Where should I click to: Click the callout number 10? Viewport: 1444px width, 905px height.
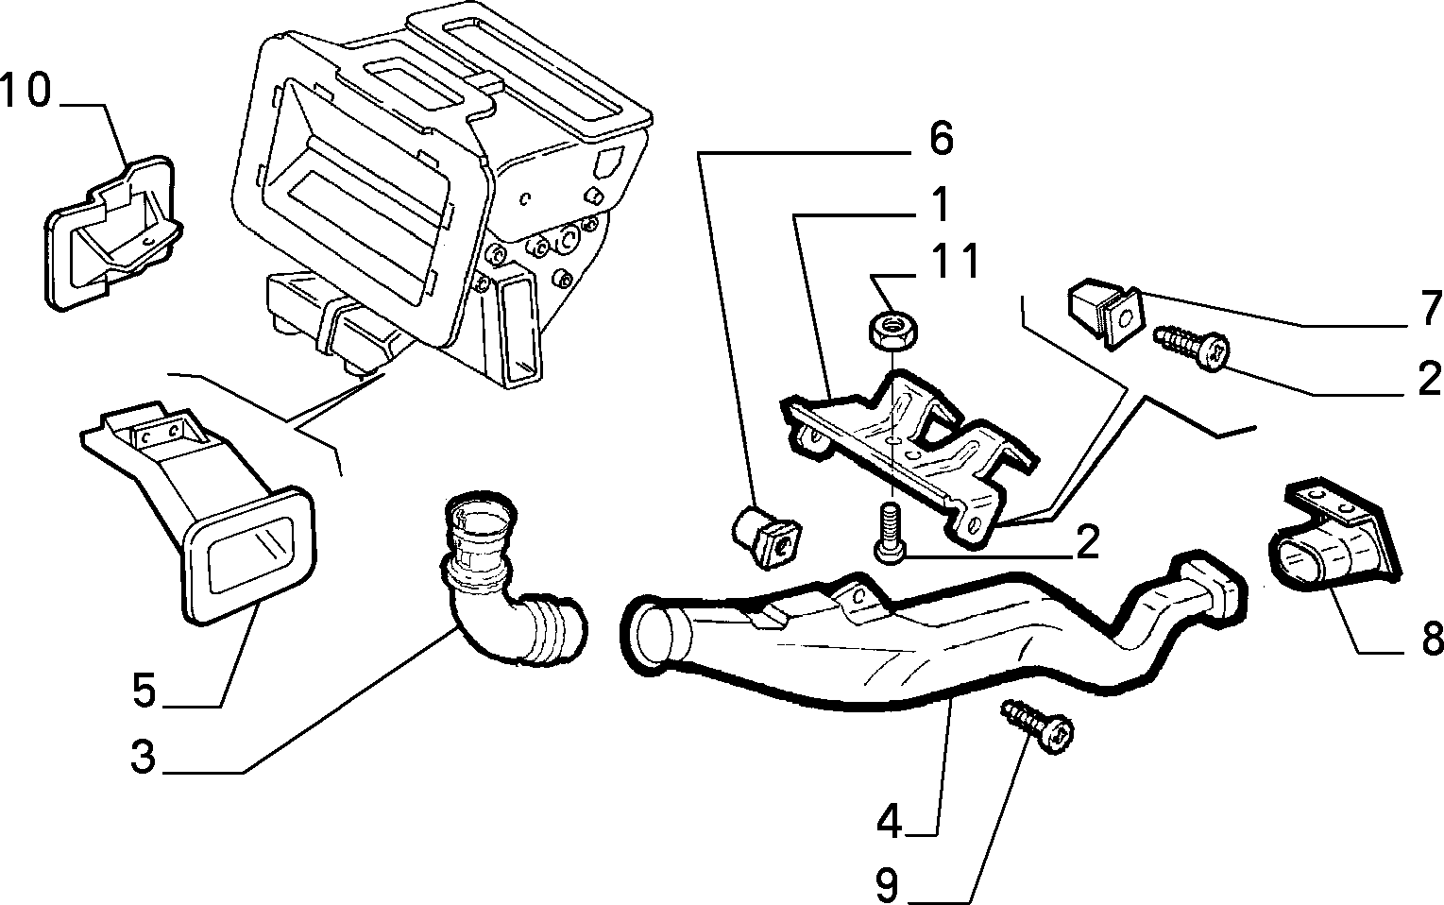point(25,90)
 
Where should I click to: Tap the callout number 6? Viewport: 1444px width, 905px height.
point(942,138)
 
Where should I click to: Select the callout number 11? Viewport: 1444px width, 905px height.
point(956,261)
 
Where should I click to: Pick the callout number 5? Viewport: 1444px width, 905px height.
point(144,690)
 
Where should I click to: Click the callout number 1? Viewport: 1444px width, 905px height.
point(942,204)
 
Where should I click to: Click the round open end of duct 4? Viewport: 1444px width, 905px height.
point(655,635)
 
